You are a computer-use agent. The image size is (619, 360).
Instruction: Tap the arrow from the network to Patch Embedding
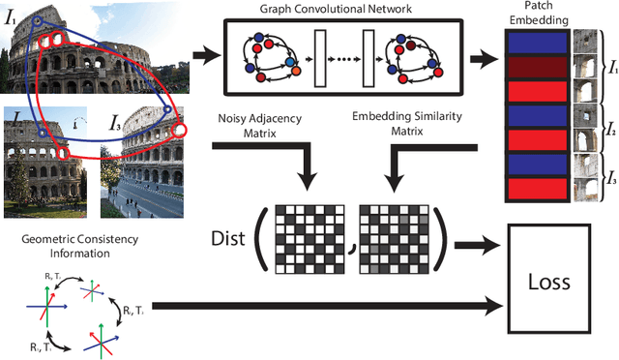point(481,58)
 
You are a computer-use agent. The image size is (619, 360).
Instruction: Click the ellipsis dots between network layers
point(339,59)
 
